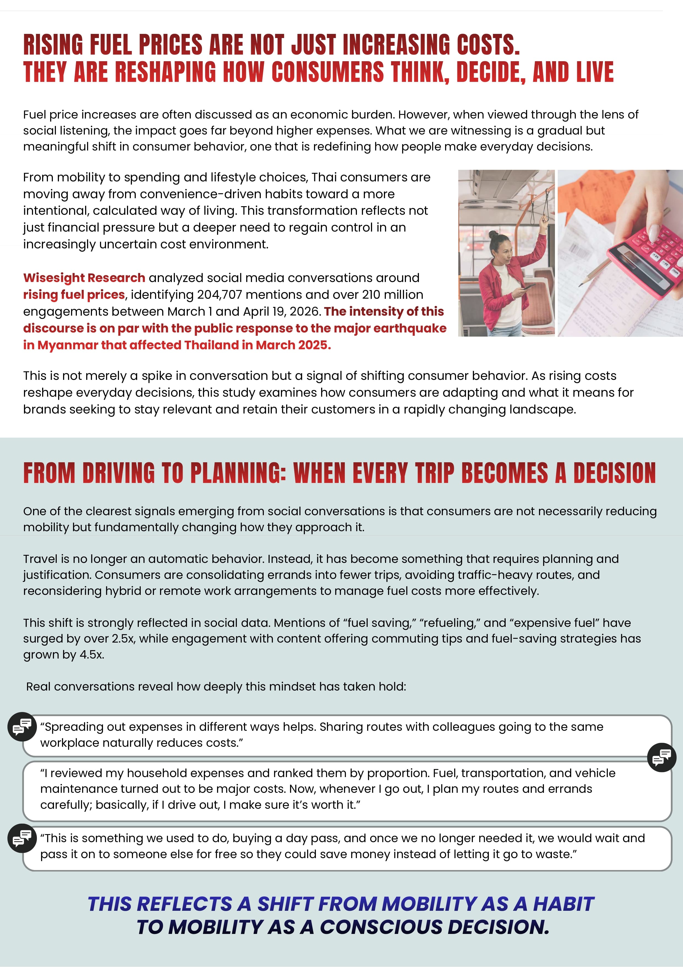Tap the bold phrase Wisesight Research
[84, 278]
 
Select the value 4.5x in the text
[91, 654]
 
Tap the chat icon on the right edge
[662, 757]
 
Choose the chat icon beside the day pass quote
[22, 838]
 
